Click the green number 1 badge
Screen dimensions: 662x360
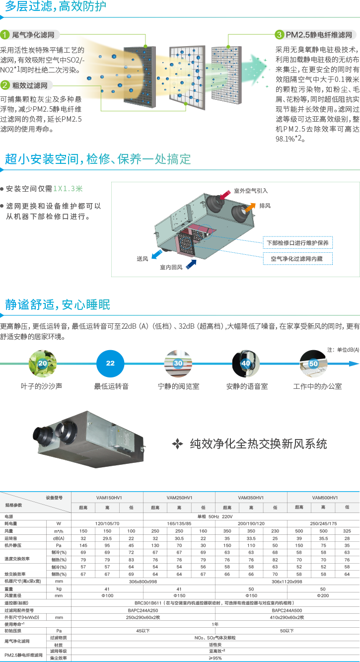(x=5, y=35)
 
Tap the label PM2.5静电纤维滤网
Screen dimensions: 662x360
(x=321, y=35)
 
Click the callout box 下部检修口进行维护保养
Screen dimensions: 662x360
(x=297, y=243)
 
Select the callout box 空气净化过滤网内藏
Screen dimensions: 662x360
(x=297, y=259)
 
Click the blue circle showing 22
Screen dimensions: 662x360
(x=110, y=364)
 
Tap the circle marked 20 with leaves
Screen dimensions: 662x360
(x=43, y=364)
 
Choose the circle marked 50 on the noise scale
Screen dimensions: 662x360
(x=313, y=364)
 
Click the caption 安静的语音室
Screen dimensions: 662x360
(x=247, y=386)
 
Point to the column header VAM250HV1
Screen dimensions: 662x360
(x=179, y=498)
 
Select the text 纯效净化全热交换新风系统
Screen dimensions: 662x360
(x=258, y=443)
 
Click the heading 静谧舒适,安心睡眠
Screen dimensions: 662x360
(x=58, y=304)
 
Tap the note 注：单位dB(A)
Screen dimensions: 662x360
(x=343, y=350)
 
